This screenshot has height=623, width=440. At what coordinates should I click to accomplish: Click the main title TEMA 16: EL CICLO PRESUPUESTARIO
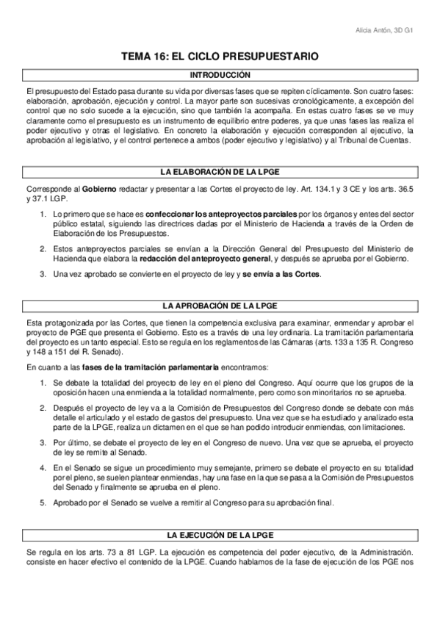click(x=220, y=56)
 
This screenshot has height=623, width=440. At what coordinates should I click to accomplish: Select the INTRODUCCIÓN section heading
click(x=220, y=75)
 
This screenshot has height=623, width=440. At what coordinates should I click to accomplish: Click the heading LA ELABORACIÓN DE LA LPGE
click(x=220, y=172)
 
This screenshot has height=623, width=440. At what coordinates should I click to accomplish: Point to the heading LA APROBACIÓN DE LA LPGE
click(x=220, y=305)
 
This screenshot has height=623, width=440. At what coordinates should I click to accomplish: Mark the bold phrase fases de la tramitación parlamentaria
click(x=151, y=366)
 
